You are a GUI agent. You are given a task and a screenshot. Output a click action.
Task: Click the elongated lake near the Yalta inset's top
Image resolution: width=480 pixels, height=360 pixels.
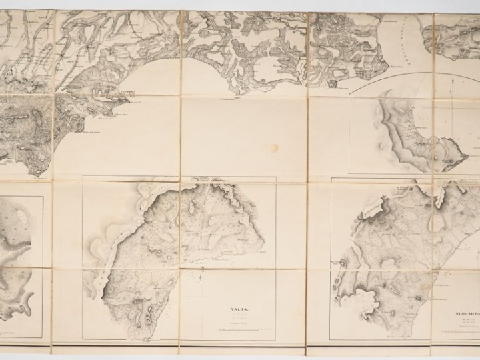point(190,207)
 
